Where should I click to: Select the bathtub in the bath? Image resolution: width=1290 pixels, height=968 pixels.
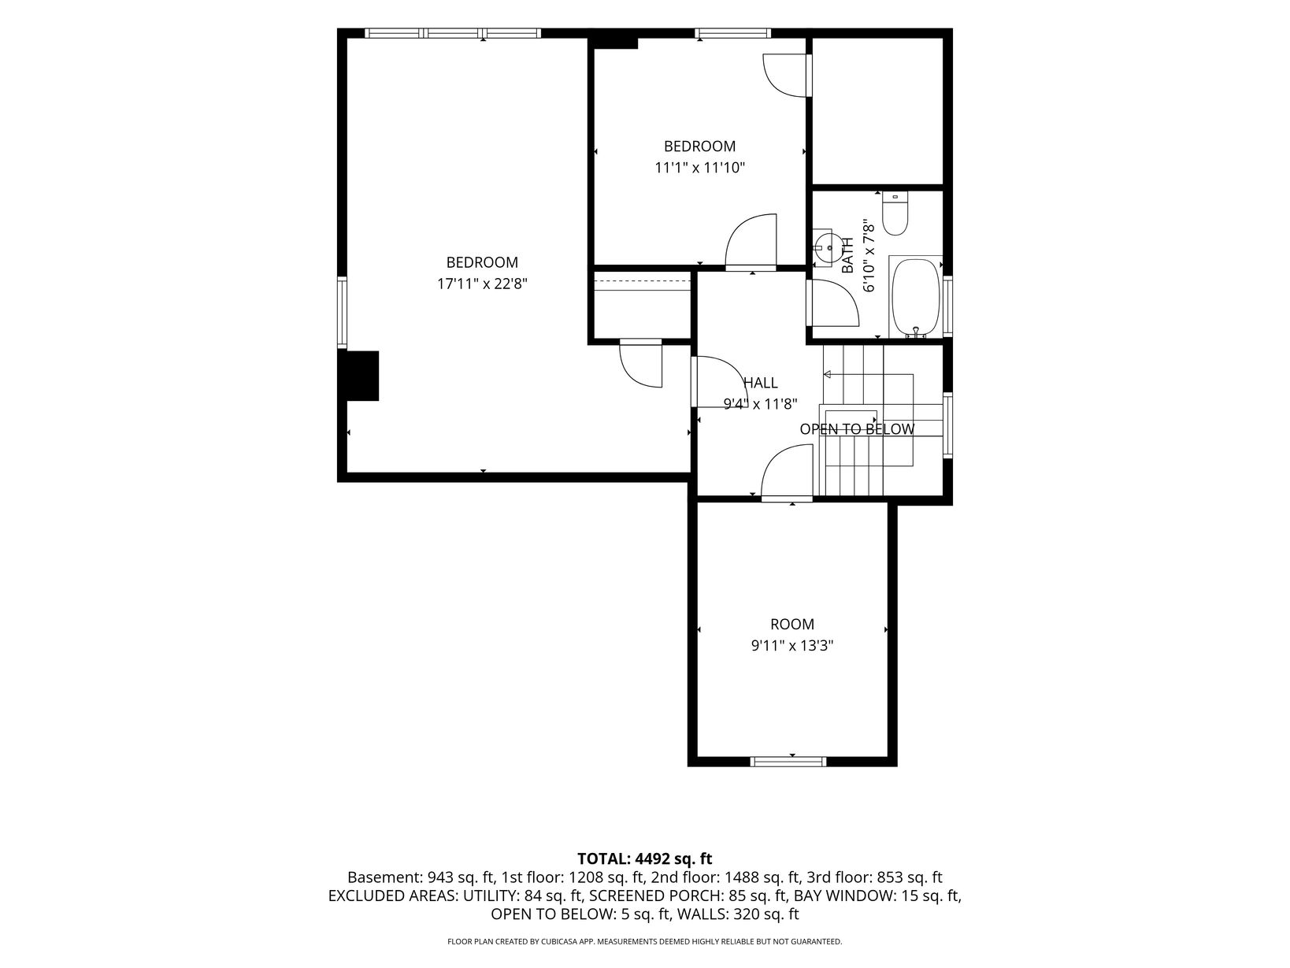[x=914, y=297]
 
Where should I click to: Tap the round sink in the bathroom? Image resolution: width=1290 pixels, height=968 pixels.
[x=828, y=248]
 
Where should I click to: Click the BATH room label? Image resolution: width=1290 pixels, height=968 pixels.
[x=847, y=255]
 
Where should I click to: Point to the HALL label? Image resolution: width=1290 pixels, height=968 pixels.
[x=761, y=383]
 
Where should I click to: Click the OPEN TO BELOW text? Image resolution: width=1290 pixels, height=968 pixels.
[x=857, y=429]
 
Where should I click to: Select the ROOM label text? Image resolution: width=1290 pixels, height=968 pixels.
[x=792, y=624]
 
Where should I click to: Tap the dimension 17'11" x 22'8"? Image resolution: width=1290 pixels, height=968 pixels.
[x=482, y=284]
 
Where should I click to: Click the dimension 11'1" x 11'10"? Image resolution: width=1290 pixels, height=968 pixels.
[x=700, y=168]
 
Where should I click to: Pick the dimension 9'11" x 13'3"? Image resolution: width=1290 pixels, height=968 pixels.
[x=792, y=646]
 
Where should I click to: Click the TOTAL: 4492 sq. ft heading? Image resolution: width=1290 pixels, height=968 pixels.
[x=645, y=859]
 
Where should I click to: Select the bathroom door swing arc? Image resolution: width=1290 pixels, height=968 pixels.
[x=833, y=302]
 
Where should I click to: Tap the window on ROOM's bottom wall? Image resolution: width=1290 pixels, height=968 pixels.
[x=788, y=762]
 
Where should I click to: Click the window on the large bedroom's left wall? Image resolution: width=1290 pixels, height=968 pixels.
[x=342, y=313]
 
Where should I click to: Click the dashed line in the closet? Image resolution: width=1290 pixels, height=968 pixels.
[x=642, y=281]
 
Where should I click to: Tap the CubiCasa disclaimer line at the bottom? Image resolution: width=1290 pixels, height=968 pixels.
[x=645, y=941]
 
